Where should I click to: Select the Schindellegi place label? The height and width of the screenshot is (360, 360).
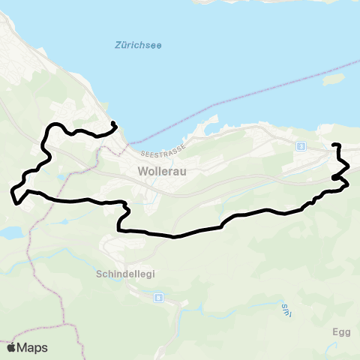pyautogui.click(x=125, y=274)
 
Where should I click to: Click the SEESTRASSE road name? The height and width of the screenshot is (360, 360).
pyautogui.click(x=160, y=147)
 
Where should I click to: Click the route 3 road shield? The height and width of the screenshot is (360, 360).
pyautogui.click(x=301, y=145)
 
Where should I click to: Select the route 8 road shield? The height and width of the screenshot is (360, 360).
pyautogui.click(x=158, y=298)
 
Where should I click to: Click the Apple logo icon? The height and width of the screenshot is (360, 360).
pyautogui.click(x=11, y=347)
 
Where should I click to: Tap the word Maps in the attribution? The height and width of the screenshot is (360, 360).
pyautogui.click(x=33, y=347)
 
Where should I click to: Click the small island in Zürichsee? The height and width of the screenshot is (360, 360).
pyautogui.click(x=333, y=77)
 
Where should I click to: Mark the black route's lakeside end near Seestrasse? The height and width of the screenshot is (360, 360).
pyautogui.click(x=112, y=123)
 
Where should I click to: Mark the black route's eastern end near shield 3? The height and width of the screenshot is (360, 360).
pyautogui.click(x=333, y=144)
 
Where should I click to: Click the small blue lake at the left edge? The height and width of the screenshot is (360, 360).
pyautogui.click(x=10, y=232)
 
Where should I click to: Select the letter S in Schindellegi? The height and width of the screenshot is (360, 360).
pyautogui.click(x=99, y=274)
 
